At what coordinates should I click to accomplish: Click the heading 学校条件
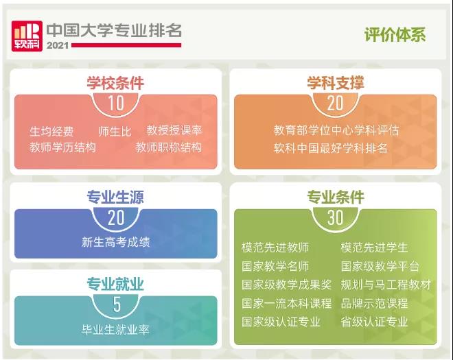coord(115,83)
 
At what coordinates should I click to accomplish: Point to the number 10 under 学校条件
coord(115,104)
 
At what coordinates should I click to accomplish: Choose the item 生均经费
coord(51,130)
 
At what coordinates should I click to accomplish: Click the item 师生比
coord(115,130)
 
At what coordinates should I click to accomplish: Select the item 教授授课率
coord(174,130)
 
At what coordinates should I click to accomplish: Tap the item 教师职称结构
coord(169,147)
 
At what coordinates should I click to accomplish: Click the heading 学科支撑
coord(335,83)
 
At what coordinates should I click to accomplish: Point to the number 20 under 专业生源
coord(115,217)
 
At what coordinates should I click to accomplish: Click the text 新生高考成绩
coord(115,241)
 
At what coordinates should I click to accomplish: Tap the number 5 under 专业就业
coord(116,304)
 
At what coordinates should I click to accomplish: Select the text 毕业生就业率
coord(115,329)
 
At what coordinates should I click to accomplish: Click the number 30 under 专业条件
coord(335,217)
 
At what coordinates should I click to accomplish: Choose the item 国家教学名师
coord(275,266)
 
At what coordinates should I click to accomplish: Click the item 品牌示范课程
coord(374,303)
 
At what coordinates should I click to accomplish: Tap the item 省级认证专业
coord(374,321)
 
